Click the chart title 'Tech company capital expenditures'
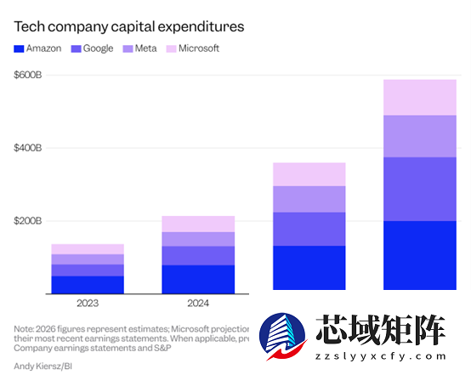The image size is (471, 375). pyautogui.click(x=129, y=26)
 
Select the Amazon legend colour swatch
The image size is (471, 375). pyautogui.click(x=19, y=48)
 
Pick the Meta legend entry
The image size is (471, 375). pyautogui.click(x=145, y=48)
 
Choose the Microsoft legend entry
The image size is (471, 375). pyautogui.click(x=192, y=48)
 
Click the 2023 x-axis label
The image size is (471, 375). pyautogui.click(x=88, y=303)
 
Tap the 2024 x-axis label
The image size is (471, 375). pyautogui.click(x=198, y=303)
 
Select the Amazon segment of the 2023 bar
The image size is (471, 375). pyautogui.click(x=88, y=285)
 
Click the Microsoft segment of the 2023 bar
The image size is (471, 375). pyautogui.click(x=88, y=249)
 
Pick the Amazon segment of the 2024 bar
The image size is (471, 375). pyautogui.click(x=198, y=280)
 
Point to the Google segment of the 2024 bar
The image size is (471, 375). pyautogui.click(x=198, y=256)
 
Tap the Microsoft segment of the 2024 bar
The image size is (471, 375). pyautogui.click(x=198, y=224)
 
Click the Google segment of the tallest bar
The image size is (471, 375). pyautogui.click(x=419, y=190)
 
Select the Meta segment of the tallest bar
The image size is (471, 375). pyautogui.click(x=419, y=136)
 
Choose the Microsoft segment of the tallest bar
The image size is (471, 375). pyautogui.click(x=419, y=97)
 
